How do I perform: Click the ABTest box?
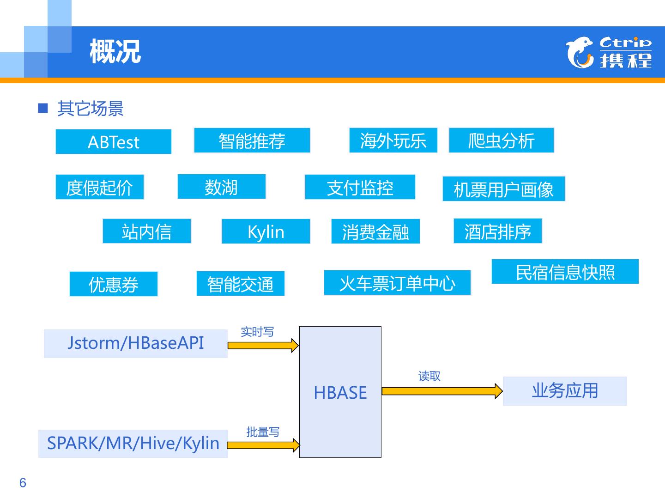click(113, 142)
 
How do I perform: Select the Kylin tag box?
click(266, 231)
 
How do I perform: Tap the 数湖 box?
click(221, 187)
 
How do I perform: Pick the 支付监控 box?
click(360, 187)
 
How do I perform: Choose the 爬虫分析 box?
click(501, 140)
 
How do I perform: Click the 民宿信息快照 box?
click(565, 272)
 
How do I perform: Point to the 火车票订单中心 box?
click(397, 283)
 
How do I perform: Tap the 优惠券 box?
click(113, 284)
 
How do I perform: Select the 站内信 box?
click(146, 231)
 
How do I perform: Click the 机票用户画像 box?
click(503, 189)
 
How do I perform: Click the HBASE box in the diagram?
click(340, 392)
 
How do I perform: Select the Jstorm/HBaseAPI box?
click(135, 344)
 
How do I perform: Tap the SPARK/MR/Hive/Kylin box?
click(133, 444)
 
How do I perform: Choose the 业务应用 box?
click(564, 391)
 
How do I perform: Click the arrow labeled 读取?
click(441, 391)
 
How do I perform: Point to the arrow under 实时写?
click(263, 345)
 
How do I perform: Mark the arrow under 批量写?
click(263, 445)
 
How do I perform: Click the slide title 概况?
click(115, 52)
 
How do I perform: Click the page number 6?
click(23, 483)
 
